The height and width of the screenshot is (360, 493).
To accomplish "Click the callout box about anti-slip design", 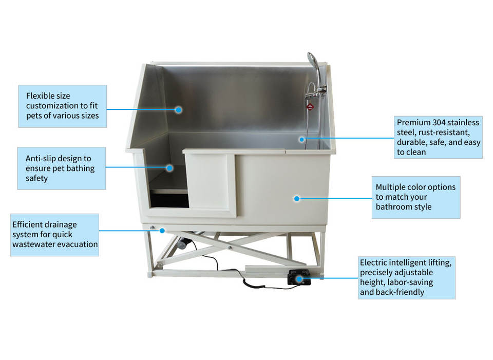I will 62,168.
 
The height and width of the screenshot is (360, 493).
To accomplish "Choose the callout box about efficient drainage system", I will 55,234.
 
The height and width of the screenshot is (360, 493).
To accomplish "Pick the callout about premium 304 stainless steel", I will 438,137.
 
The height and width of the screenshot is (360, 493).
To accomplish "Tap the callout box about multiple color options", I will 415,197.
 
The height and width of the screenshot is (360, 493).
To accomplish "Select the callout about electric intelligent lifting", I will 406,277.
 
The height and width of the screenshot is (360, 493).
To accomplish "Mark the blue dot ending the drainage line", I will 161,230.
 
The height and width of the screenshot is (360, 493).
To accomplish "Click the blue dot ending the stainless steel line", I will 302,138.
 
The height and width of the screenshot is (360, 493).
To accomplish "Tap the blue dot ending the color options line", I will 297,198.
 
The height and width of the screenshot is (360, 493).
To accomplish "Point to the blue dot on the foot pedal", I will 297,279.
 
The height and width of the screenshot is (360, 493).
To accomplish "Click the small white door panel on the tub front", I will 212,181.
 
